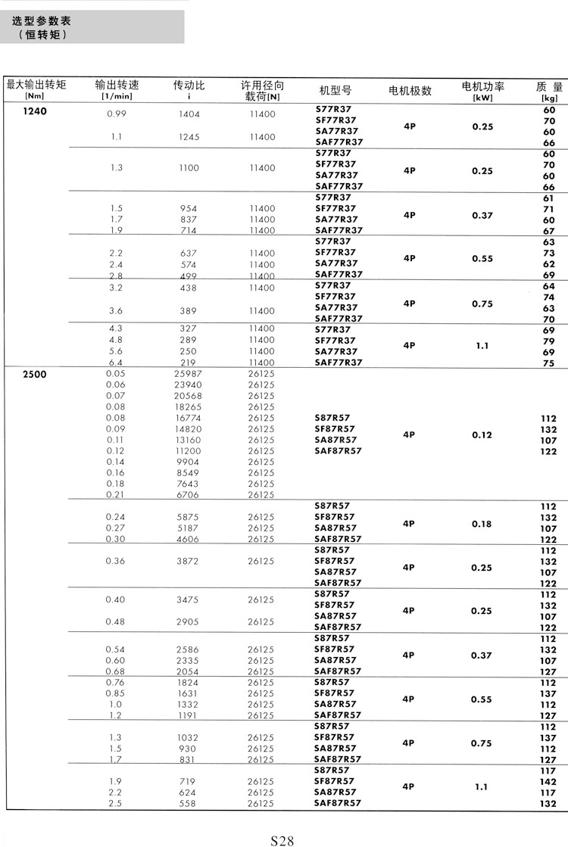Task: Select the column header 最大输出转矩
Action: click(36, 85)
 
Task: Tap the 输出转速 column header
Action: click(117, 85)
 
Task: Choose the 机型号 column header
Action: click(335, 91)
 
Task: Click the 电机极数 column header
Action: click(410, 91)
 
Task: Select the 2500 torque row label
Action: click(35, 374)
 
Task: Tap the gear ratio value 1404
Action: click(188, 114)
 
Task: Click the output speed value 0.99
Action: click(116, 114)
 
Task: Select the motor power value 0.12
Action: click(482, 434)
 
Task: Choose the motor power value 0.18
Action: click(482, 523)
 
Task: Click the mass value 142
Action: click(548, 782)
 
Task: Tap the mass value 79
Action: click(549, 341)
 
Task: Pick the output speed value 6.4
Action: click(116, 363)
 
